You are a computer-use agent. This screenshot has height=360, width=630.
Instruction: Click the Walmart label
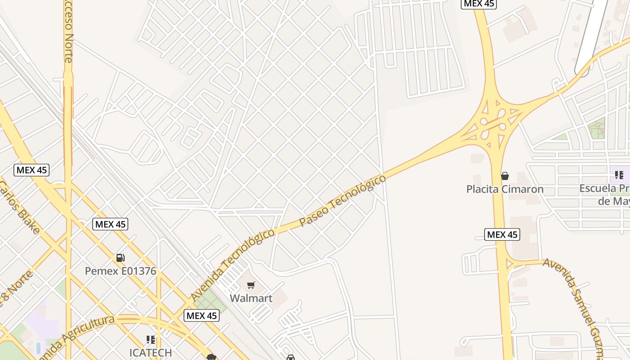coord(251,298)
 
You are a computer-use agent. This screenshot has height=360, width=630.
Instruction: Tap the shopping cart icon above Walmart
coord(251,285)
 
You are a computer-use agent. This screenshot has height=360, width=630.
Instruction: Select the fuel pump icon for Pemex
coord(120,258)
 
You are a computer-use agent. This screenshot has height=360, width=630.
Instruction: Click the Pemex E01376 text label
coord(121,271)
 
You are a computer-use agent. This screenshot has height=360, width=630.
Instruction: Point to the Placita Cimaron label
coord(505,189)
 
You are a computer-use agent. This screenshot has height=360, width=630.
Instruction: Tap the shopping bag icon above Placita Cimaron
coord(505,176)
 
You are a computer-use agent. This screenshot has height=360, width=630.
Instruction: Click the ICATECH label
coord(151,352)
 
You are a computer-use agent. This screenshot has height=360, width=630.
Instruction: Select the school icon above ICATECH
coord(151,339)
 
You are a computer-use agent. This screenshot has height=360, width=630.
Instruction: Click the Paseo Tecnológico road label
coord(342,201)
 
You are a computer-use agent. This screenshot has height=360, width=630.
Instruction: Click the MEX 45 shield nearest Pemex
coord(110,224)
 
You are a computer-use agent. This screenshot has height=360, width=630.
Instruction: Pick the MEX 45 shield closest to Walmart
coord(202,315)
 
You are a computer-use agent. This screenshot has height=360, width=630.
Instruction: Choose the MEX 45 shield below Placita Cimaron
coord(502,234)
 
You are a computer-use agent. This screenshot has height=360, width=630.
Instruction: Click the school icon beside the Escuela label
coord(619,175)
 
